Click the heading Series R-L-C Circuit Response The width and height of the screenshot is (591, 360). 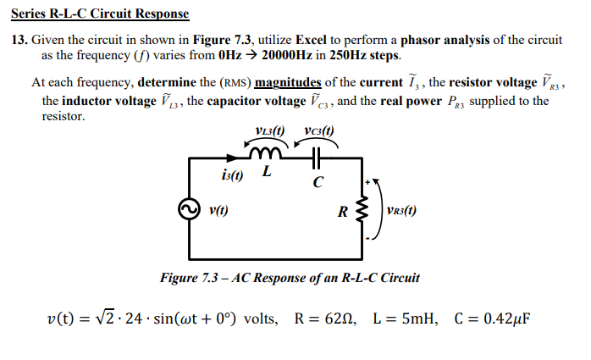tap(100, 14)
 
